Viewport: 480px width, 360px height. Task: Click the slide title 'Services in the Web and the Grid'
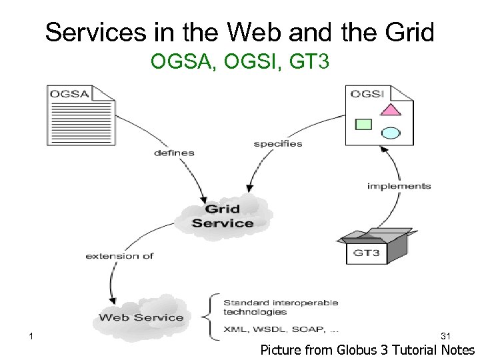(240, 31)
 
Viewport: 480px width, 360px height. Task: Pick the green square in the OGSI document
(363, 123)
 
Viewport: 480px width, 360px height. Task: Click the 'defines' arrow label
(174, 153)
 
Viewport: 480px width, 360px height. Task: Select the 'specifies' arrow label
(277, 143)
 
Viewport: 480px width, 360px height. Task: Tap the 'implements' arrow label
(399, 186)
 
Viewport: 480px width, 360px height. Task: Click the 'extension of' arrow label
(119, 256)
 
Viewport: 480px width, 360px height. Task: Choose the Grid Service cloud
(223, 215)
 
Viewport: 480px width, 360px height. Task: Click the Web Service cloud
(141, 317)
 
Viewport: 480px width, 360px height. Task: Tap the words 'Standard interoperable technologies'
(280, 307)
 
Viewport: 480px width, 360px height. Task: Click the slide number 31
(447, 335)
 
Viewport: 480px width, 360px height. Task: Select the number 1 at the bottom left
(31, 335)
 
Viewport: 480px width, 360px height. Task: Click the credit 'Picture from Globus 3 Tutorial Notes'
(367, 350)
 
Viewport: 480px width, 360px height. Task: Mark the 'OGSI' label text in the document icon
(367, 93)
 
